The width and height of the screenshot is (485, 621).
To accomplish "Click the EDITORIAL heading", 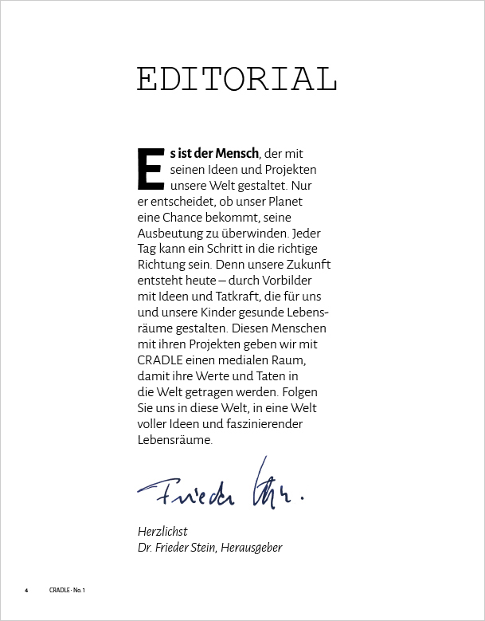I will [237, 79].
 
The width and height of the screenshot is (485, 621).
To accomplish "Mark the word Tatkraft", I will [233, 297].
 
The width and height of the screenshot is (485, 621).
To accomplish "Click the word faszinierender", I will [268, 423].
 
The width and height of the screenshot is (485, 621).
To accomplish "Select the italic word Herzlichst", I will [162, 532].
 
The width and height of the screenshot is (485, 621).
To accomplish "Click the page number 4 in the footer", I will [26, 590].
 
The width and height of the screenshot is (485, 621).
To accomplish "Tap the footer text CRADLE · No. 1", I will [67, 590].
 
